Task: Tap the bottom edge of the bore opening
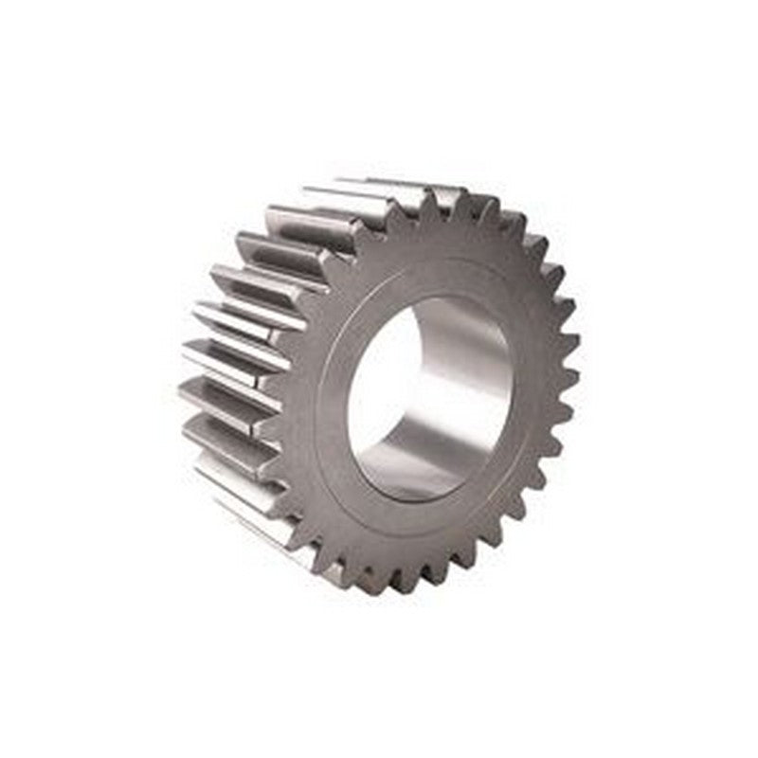417,501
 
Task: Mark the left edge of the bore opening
348,407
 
